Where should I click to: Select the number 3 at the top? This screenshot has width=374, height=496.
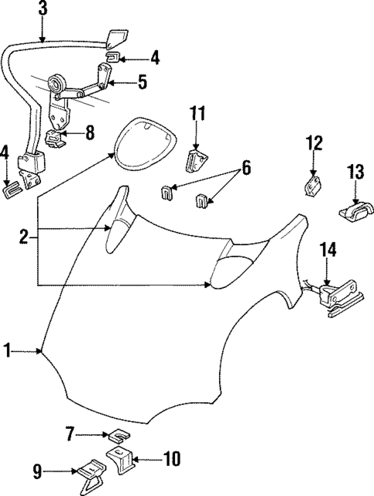(x=42, y=10)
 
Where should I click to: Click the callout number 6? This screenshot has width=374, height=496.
(x=245, y=166)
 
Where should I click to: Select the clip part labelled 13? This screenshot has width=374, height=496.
(x=351, y=207)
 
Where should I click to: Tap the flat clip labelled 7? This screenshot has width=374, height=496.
(x=115, y=437)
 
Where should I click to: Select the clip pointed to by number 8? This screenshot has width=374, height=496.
(x=56, y=139)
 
